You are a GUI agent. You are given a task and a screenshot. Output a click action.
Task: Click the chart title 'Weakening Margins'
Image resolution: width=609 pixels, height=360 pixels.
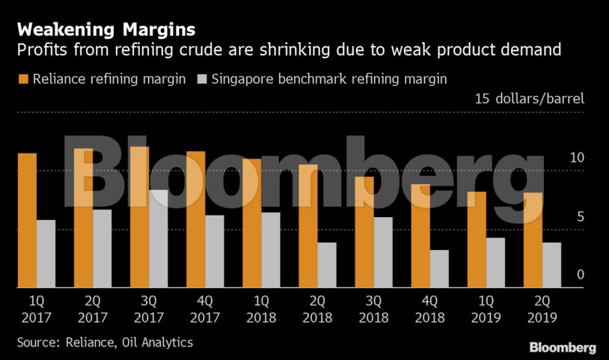coord(106,30)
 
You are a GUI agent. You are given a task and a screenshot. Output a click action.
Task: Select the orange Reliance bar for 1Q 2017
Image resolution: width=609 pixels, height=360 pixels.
coord(27,221)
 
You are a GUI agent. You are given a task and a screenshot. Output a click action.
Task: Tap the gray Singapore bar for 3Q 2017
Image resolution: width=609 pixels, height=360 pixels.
coord(159,239)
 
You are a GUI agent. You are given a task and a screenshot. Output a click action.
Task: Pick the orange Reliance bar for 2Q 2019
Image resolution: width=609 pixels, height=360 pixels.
coord(532,240)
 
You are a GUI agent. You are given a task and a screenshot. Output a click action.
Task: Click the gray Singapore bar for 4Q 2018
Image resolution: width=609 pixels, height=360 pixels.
coord(439,269)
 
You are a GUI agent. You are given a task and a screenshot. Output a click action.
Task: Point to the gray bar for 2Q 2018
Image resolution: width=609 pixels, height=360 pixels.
coord(327,265)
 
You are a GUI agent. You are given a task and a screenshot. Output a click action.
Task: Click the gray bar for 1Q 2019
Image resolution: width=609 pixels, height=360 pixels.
coord(495,263)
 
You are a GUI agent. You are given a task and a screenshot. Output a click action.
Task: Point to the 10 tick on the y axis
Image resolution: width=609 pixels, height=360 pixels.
coord(576,159)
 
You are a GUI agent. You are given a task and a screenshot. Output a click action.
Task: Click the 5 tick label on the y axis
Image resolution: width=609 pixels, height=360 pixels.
coord(579,217)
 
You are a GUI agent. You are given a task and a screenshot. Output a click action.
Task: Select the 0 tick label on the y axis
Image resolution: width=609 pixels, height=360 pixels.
coord(579,275)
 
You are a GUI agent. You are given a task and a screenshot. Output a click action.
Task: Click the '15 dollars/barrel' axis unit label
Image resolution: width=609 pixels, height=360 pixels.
coord(529,99)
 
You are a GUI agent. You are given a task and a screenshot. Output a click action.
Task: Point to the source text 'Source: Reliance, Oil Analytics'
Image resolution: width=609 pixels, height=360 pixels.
coord(105,342)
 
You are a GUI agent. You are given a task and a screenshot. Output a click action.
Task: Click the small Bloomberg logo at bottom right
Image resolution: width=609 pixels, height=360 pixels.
coord(563,348)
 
